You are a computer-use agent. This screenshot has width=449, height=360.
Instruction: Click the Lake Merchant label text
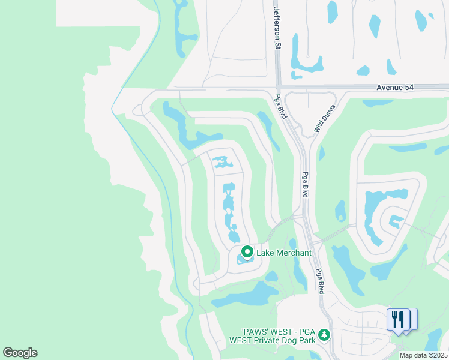click(284, 253)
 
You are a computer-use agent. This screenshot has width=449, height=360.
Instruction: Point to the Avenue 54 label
click(397, 88)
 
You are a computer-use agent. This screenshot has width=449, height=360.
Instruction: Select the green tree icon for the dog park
click(324, 334)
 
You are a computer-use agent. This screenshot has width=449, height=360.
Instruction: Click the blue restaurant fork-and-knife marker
click(398, 319)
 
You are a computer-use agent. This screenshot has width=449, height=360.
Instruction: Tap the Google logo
click(20, 353)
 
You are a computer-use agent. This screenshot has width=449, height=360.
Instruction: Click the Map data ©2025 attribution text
click(423, 355)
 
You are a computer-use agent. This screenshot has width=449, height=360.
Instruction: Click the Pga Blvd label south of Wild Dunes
click(305, 185)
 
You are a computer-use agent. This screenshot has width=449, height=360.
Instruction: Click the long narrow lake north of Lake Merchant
click(229, 210)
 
